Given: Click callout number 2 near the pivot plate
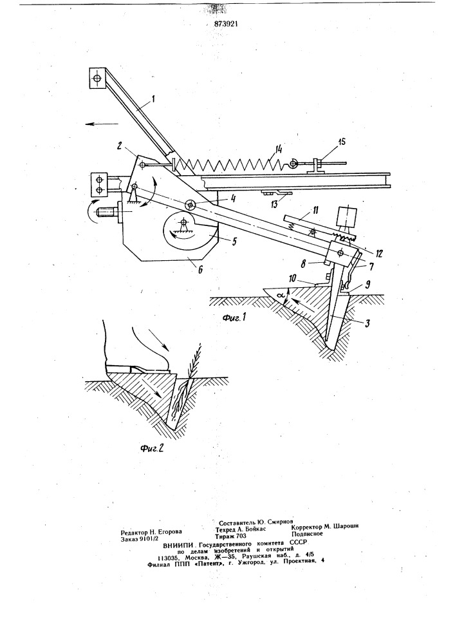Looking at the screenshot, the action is [x=118, y=146].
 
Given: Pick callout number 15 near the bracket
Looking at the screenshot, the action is [x=341, y=142].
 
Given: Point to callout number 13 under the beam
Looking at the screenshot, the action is [x=284, y=202].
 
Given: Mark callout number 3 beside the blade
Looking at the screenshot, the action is [x=366, y=324].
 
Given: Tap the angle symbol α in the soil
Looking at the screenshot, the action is [x=281, y=296].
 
